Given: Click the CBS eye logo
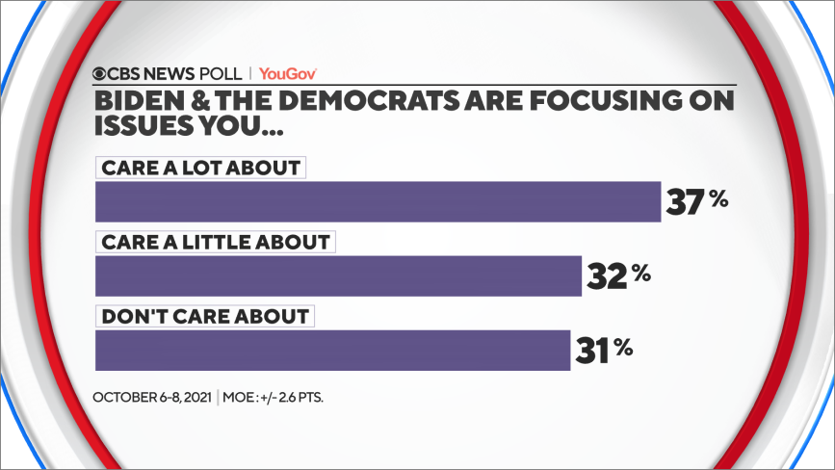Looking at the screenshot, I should (x=100, y=73).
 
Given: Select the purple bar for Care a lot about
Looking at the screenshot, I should (x=378, y=201).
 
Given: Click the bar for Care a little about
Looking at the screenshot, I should (x=338, y=275).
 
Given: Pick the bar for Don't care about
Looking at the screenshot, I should (x=332, y=350).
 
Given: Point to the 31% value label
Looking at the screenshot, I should (x=605, y=350).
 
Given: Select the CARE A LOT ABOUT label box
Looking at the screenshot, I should (x=199, y=168).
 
